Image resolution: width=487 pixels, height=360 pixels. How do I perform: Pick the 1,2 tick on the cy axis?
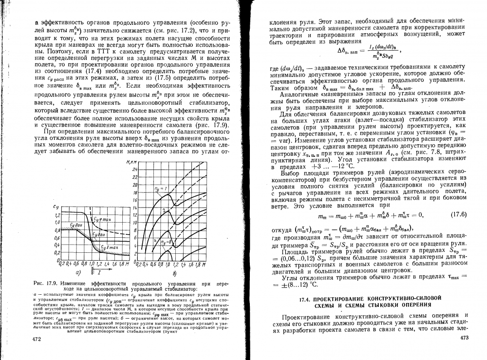pos(56,215)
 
